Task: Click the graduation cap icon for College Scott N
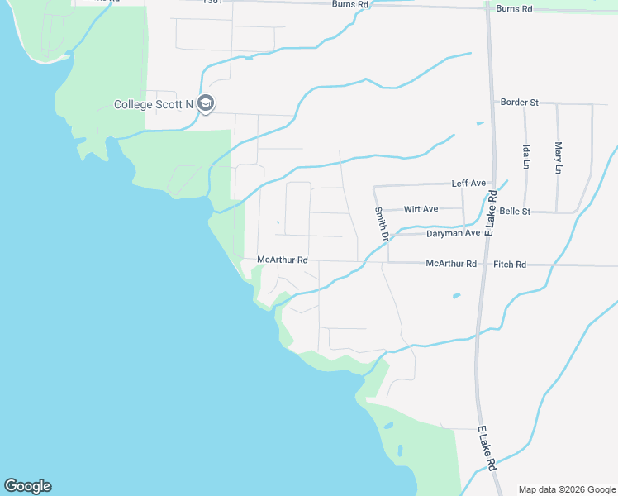[207, 103]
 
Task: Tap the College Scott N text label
[153, 104]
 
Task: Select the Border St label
[520, 103]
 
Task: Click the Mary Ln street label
[559, 157]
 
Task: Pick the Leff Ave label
[468, 183]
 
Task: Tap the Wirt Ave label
[421, 209]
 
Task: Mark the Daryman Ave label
[453, 234]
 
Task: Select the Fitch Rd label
[509, 265]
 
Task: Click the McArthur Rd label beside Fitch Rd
[451, 264]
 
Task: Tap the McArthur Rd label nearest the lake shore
[283, 259]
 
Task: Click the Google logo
[27, 486]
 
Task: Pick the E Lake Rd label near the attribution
[487, 450]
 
